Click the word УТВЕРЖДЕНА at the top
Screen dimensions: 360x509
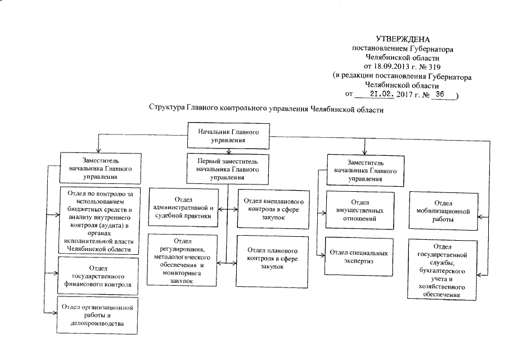tap(405, 39)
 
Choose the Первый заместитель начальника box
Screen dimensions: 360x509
tap(227, 167)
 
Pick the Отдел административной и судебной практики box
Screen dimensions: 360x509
tap(183, 206)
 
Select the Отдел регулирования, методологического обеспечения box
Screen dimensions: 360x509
tap(183, 259)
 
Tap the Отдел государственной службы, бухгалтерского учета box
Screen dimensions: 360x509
tap(443, 269)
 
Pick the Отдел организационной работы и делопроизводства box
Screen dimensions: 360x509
tap(98, 315)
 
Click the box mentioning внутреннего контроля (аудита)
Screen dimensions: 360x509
tap(98, 221)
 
